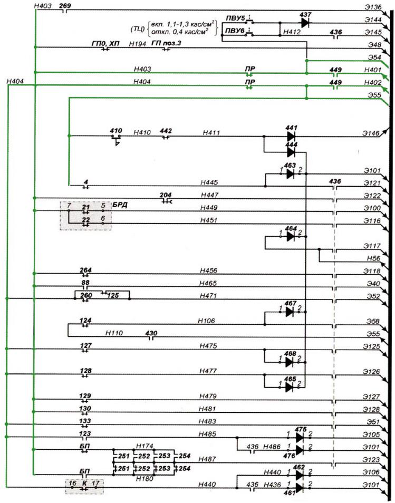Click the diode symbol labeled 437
[x=305, y=23]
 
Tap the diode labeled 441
[x=291, y=136]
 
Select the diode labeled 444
[x=291, y=152]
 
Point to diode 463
[x=290, y=173]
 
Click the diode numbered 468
[x=289, y=362]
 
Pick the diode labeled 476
[x=300, y=450]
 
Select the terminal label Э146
[x=371, y=134]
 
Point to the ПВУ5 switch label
[x=234, y=18]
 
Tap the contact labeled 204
[x=167, y=198]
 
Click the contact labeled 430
[x=152, y=335]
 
